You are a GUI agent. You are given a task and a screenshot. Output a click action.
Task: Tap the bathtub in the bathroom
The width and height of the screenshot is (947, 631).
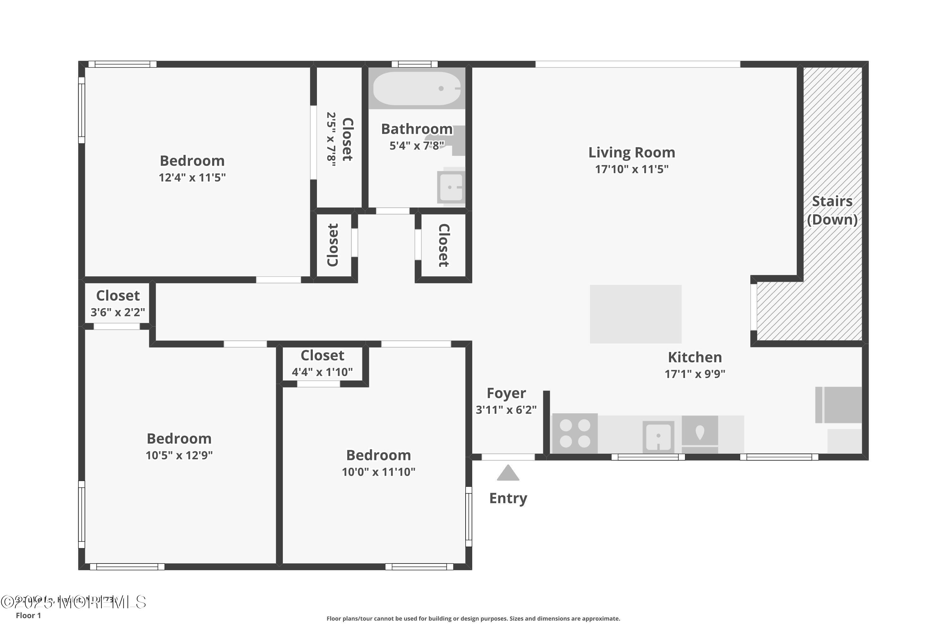click(x=416, y=89)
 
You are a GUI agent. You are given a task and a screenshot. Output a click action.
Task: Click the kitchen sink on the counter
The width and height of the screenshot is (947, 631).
click(x=658, y=437)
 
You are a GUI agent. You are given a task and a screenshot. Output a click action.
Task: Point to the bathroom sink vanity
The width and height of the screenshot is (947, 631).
click(x=451, y=187)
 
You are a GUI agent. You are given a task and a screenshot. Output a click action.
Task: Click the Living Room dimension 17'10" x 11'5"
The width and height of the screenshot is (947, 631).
click(x=631, y=169)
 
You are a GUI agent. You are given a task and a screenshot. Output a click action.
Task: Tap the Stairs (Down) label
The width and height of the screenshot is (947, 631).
click(x=832, y=210)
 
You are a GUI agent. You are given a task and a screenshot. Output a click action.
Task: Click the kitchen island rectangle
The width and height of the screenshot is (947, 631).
click(x=635, y=314)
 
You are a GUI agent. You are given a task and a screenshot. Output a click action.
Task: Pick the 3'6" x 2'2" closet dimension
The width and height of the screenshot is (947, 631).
click(x=117, y=312)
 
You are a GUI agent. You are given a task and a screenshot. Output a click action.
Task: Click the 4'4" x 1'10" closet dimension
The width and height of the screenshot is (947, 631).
click(x=322, y=372)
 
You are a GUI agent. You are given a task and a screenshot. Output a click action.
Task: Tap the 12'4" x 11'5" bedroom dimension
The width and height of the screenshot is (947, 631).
click(x=192, y=177)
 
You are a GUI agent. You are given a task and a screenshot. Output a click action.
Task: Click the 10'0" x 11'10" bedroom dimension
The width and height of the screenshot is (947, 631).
click(x=378, y=472)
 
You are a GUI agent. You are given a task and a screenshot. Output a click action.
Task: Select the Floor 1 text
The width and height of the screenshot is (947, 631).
click(x=28, y=615)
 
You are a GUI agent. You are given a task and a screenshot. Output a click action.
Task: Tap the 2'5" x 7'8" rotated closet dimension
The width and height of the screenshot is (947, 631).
click(x=331, y=139)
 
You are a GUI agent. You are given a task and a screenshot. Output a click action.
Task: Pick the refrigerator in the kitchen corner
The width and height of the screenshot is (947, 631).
click(x=839, y=405)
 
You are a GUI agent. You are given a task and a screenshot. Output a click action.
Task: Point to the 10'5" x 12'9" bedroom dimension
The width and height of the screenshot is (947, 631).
click(x=179, y=455)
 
